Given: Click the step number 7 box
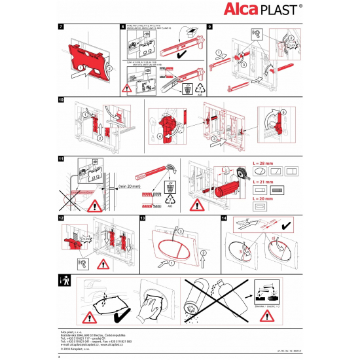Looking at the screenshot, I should point(62,27).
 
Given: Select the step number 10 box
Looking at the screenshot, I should point(62,100).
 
